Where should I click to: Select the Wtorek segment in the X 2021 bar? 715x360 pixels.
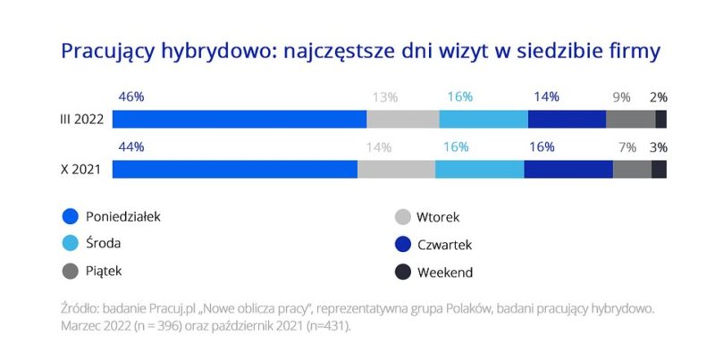click(x=396, y=170)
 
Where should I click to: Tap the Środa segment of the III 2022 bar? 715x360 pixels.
click(x=484, y=120)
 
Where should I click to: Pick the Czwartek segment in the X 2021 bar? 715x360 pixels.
click(x=568, y=170)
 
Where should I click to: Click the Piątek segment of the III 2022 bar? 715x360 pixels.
click(x=631, y=120)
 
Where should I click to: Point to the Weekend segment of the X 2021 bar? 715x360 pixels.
click(x=659, y=170)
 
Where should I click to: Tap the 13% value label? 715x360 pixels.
click(x=386, y=96)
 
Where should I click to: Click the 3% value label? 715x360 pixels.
click(x=658, y=147)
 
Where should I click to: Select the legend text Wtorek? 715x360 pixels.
click(x=437, y=216)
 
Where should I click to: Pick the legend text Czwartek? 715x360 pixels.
click(x=444, y=244)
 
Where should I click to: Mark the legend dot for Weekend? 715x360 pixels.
click(x=402, y=272)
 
